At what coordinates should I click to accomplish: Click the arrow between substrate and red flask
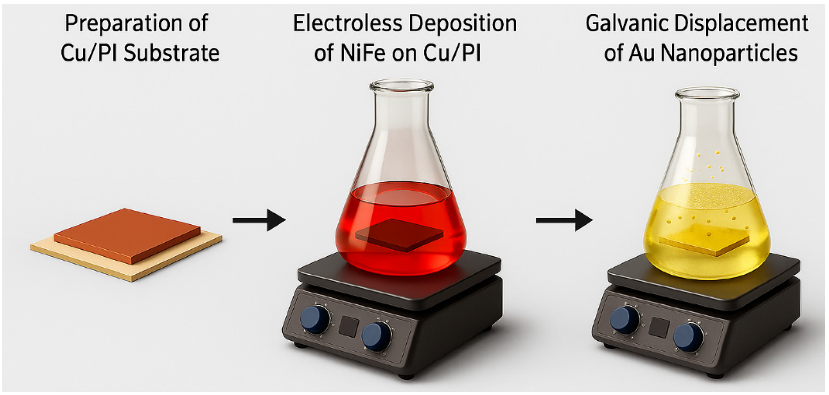tap(259, 220)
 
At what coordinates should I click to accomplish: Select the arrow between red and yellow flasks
tap(564, 220)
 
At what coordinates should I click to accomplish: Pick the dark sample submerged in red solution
tap(399, 235)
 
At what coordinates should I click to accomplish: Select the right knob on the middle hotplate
tap(376, 335)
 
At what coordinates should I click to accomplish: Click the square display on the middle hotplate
tap(348, 327)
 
